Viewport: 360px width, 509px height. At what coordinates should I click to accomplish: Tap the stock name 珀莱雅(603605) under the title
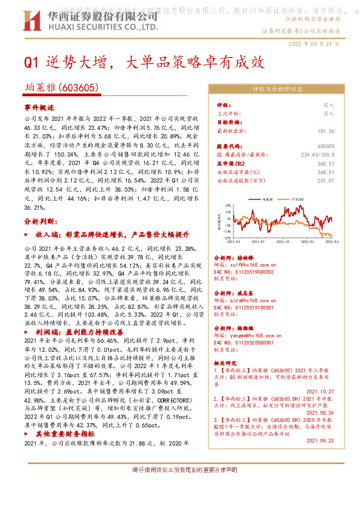click(62, 88)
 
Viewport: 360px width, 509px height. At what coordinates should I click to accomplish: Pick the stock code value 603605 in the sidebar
click(326, 147)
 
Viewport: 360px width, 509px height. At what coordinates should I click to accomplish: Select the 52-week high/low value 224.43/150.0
click(318, 155)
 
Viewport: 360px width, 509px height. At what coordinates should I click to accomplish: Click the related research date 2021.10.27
click(320, 391)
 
